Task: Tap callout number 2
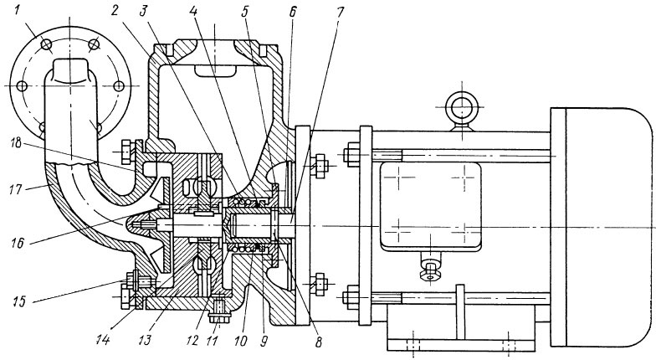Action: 114,11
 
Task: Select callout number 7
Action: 340,12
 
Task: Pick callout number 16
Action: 18,243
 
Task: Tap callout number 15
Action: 18,301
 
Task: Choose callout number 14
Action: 103,339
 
